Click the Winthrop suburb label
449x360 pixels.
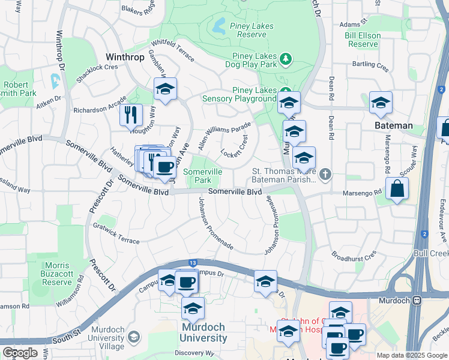click(x=125, y=57)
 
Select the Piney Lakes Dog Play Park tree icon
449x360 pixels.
click(x=288, y=58)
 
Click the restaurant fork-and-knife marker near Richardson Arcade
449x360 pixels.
click(x=131, y=115)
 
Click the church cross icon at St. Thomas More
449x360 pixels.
click(x=325, y=175)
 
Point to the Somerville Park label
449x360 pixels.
click(x=202, y=176)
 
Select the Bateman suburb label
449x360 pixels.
click(x=393, y=125)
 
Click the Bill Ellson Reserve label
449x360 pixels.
click(x=363, y=40)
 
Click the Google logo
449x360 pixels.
click(x=20, y=352)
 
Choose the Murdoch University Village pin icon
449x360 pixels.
click(x=133, y=338)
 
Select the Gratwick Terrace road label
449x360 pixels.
click(x=116, y=233)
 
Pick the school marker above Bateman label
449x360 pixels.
click(x=381, y=103)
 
